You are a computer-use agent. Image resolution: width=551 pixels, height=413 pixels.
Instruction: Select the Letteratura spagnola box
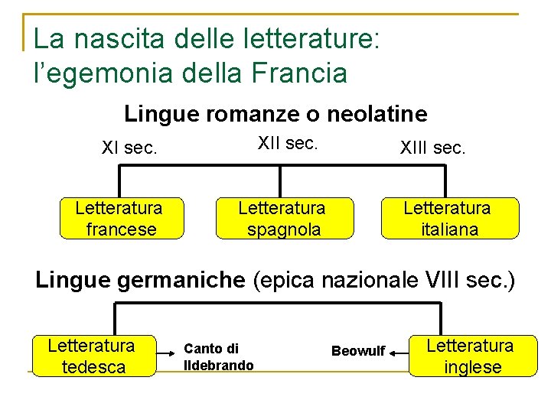click(282, 219)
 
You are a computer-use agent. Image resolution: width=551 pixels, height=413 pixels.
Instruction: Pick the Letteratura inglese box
click(472, 356)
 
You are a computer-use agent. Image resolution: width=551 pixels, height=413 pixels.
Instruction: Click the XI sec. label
click(129, 148)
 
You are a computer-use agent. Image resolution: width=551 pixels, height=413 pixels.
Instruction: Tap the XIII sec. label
click(432, 148)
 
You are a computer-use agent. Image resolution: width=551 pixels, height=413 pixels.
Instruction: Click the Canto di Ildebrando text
click(218, 357)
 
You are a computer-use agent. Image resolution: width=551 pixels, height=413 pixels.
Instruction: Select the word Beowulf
click(358, 351)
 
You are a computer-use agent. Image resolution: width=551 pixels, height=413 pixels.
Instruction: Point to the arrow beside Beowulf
click(397, 353)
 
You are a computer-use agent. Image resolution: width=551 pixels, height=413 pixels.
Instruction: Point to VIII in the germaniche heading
click(446, 281)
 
